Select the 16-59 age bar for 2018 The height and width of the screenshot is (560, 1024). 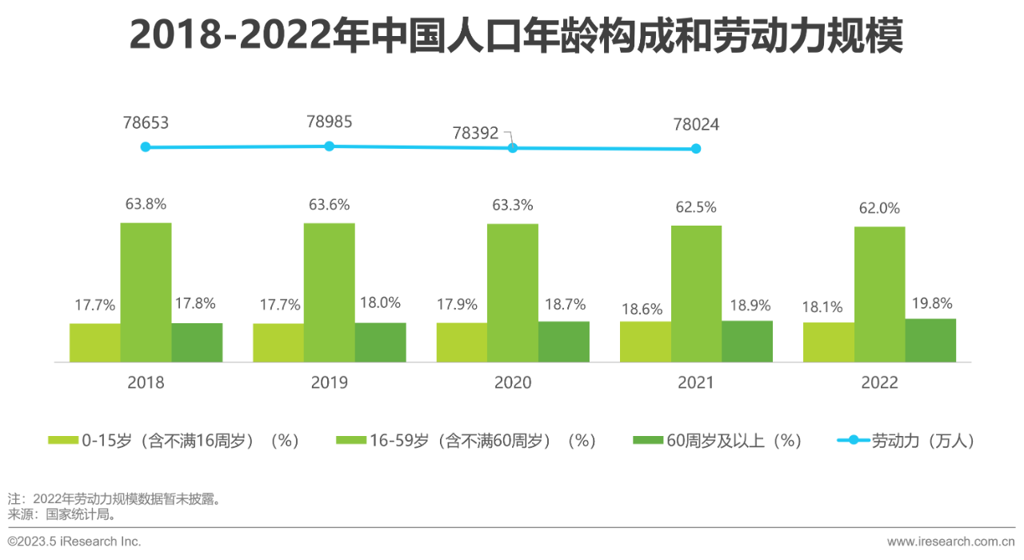146,292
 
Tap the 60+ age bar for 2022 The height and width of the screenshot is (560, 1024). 930,340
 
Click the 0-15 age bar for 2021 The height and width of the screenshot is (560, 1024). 645,342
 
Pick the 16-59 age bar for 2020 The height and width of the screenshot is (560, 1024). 513,293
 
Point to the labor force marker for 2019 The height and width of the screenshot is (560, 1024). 329,146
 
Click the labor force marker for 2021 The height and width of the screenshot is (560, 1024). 696,148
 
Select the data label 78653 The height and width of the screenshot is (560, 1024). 146,123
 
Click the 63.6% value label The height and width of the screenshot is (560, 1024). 329,205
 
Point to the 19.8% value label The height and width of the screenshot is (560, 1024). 930,303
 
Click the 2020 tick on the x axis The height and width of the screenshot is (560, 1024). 513,382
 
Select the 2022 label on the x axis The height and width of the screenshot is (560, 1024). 879,382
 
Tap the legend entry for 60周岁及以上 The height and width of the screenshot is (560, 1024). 717,441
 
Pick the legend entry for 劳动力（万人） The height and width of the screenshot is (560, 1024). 906,441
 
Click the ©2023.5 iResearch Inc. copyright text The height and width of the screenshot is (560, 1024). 74,542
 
